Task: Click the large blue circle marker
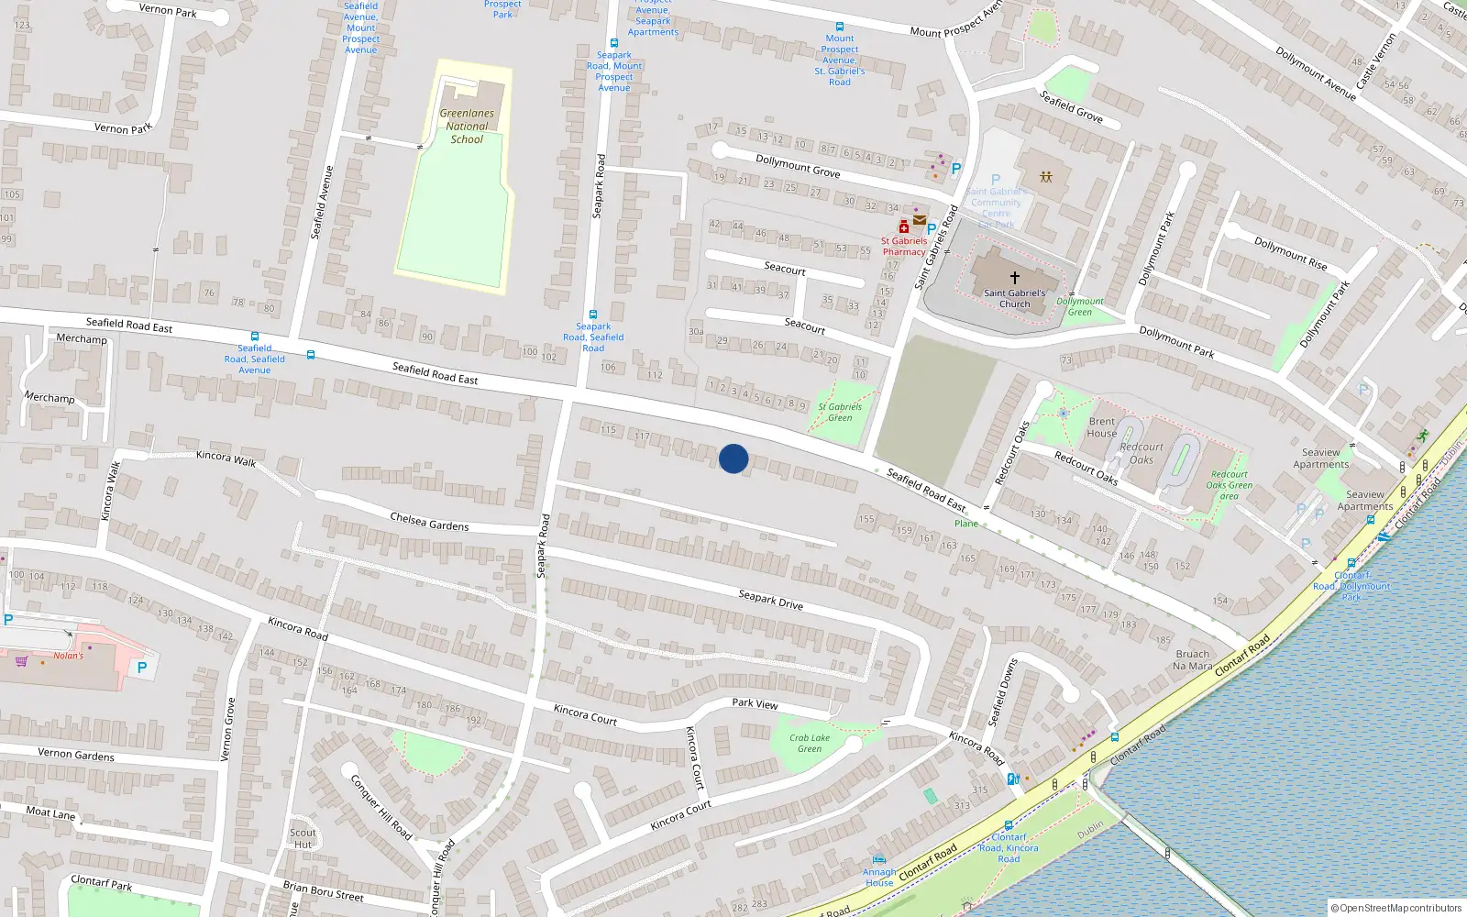click(733, 458)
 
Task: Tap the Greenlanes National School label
click(467, 127)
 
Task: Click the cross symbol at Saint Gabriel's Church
click(1015, 277)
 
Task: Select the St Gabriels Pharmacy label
click(904, 247)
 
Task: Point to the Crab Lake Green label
click(810, 743)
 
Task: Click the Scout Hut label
click(303, 838)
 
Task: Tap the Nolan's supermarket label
click(68, 656)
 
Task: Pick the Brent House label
click(1101, 427)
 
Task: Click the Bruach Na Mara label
click(1192, 660)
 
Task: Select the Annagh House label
click(879, 878)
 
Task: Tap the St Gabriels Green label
click(840, 412)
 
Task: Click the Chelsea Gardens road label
click(429, 522)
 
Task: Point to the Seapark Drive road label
click(770, 600)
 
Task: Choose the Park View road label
click(755, 703)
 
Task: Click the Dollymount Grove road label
click(798, 165)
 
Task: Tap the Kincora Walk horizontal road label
click(226, 458)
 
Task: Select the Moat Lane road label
click(50, 812)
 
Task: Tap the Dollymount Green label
click(1080, 306)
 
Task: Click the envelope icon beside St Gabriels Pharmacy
click(919, 220)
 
